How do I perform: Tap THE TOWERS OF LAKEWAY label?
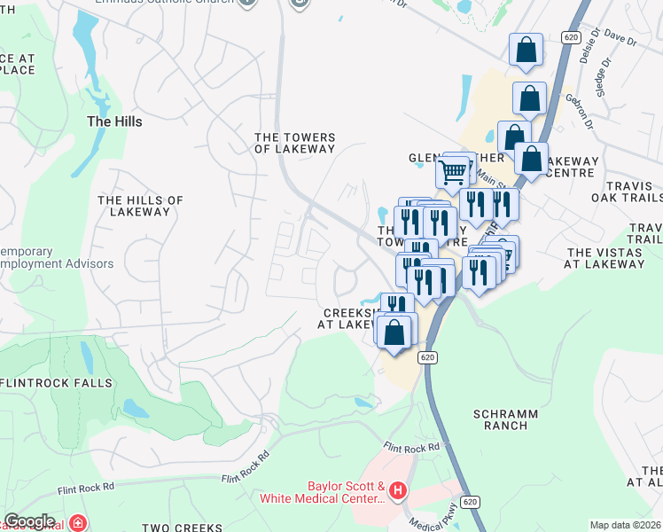click(x=295, y=144)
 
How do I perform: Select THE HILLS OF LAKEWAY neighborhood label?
click(x=140, y=207)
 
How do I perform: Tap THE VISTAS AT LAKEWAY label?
click(x=609, y=258)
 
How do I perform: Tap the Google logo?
click(x=29, y=521)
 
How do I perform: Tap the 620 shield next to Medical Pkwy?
click(x=471, y=502)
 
